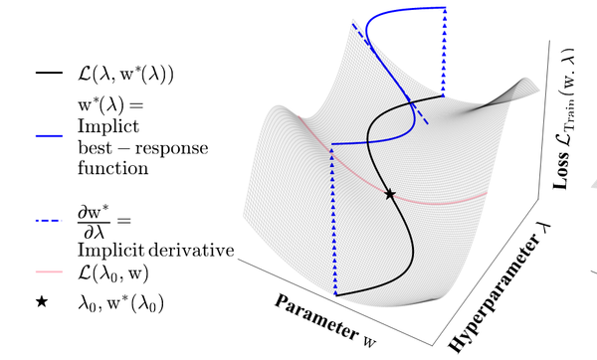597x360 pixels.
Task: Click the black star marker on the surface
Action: pos(390,194)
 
